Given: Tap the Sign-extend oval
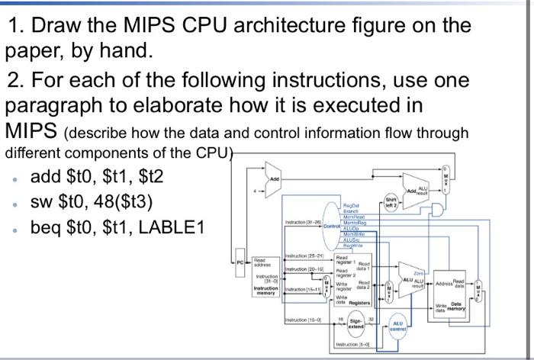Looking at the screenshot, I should tap(355, 324).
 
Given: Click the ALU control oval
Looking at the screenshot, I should tap(397, 325).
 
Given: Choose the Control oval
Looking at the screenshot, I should tap(333, 227).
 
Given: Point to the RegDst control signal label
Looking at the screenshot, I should tap(353, 205).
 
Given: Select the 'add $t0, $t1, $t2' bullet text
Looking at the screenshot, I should tap(96, 178).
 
